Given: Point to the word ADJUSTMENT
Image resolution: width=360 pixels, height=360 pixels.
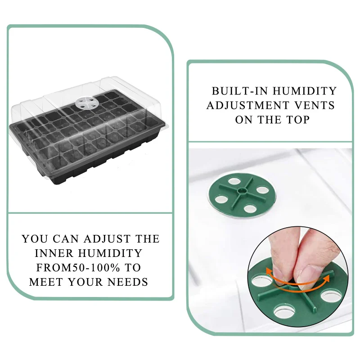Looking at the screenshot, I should pos(248,105).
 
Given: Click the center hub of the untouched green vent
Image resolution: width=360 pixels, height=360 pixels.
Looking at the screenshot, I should pos(242,191).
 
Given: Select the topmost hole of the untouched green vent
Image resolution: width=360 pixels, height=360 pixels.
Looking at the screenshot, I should pos(234,182).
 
